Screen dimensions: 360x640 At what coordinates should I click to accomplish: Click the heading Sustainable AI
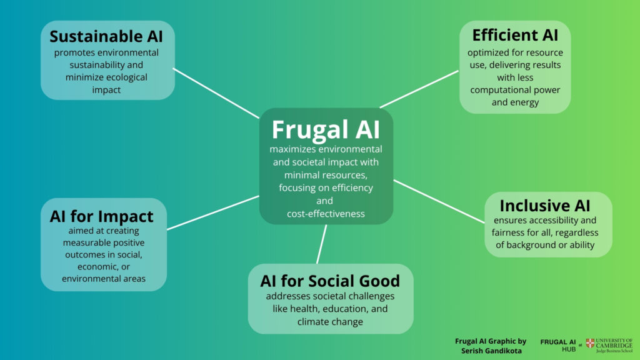[x=106, y=36]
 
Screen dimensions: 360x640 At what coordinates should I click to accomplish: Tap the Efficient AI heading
[x=515, y=34]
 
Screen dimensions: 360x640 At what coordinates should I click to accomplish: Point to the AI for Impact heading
[x=101, y=216]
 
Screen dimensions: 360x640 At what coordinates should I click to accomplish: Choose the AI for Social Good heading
[x=329, y=281]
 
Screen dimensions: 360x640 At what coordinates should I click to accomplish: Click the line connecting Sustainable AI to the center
[x=216, y=93]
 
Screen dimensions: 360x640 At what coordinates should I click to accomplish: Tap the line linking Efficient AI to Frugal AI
[x=419, y=89]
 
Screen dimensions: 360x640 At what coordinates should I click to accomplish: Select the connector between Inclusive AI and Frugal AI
[x=439, y=201]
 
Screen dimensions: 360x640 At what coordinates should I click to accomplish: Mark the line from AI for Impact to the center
[x=212, y=212]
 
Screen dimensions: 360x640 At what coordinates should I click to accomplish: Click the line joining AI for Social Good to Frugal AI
[x=322, y=244]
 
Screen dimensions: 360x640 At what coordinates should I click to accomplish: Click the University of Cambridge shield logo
[x=590, y=343]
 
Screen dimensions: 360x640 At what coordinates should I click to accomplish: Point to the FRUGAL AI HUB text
[x=557, y=346]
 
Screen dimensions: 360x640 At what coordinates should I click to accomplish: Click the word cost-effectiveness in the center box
[x=326, y=214]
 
